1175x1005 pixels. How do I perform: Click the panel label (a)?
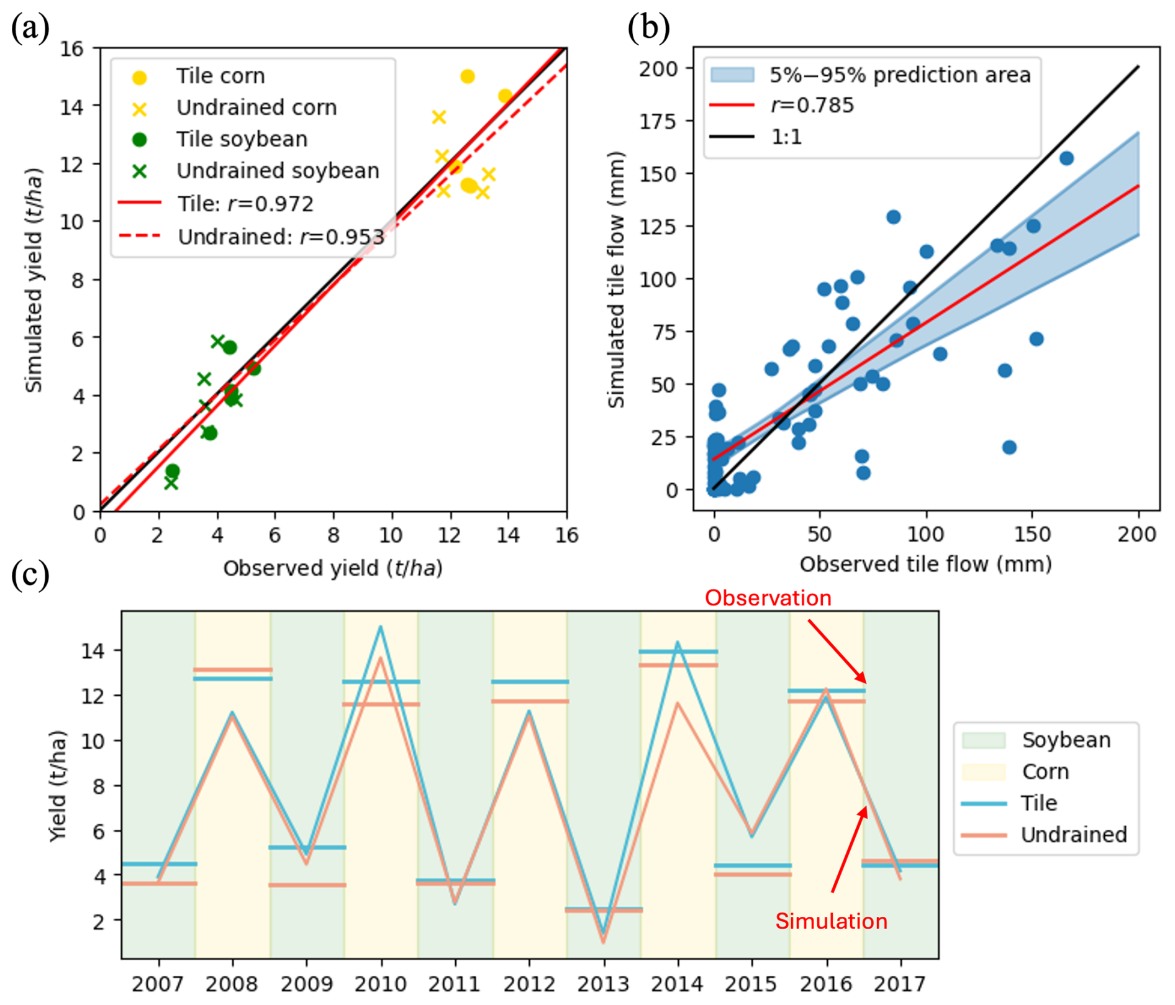[30, 29]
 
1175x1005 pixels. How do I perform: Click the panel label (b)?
[648, 29]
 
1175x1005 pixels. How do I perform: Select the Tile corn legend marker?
[140, 77]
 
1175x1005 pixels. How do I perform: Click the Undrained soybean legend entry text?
[278, 171]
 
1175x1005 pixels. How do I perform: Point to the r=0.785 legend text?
[812, 106]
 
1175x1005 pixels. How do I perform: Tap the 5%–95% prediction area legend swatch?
[732, 75]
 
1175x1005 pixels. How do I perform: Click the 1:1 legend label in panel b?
[786, 137]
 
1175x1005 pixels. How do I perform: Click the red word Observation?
[768, 598]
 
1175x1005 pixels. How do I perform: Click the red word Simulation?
[831, 921]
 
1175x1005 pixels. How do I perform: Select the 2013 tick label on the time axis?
[603, 984]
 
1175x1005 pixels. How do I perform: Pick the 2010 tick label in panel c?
[381, 984]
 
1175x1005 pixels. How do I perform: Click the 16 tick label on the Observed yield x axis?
[566, 535]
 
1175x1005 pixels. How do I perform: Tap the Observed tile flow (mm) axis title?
[925, 564]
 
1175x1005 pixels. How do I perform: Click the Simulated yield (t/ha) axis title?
[34, 280]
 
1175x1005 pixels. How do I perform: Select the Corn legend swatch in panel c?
[983, 771]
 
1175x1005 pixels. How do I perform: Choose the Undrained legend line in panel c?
[983, 835]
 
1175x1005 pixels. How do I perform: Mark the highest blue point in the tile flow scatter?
[1066, 158]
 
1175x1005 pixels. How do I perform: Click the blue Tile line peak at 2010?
[381, 627]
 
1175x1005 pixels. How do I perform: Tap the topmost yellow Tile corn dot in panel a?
[468, 76]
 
